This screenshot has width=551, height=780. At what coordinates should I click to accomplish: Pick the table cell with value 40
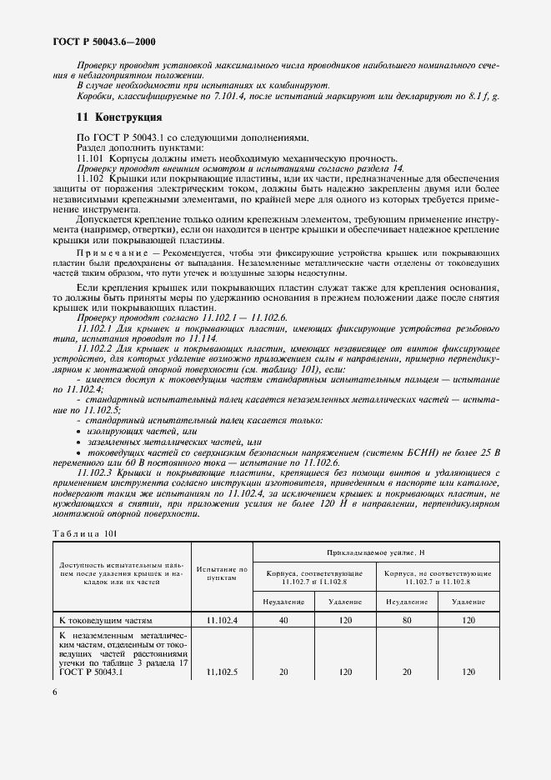tap(284, 621)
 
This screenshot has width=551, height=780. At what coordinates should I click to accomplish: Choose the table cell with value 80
tap(407, 621)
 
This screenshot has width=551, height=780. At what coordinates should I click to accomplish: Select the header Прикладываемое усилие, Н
tap(376, 552)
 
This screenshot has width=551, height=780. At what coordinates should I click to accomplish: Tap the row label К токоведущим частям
tap(108, 621)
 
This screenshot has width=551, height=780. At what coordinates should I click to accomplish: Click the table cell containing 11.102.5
tap(223, 672)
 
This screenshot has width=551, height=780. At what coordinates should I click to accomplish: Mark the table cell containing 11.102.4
tap(223, 621)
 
